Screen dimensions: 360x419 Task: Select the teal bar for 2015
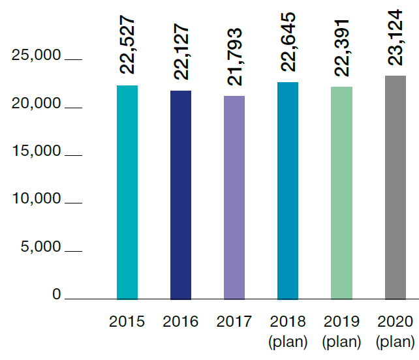click(127, 192)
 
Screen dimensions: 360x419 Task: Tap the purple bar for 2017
click(234, 197)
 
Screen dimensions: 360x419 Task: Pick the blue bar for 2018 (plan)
click(288, 190)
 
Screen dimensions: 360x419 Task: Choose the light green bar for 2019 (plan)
click(341, 192)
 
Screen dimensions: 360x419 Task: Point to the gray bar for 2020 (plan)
click(395, 187)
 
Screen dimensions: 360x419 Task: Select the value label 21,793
click(234, 56)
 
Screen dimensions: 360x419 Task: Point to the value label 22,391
click(341, 47)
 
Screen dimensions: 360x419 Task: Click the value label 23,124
click(395, 37)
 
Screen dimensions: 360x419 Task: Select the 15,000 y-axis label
click(37, 151)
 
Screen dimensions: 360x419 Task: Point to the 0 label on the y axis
click(56, 295)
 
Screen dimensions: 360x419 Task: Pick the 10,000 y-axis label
click(37, 199)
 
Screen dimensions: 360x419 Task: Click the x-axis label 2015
click(127, 322)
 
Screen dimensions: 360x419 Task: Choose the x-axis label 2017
click(234, 322)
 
